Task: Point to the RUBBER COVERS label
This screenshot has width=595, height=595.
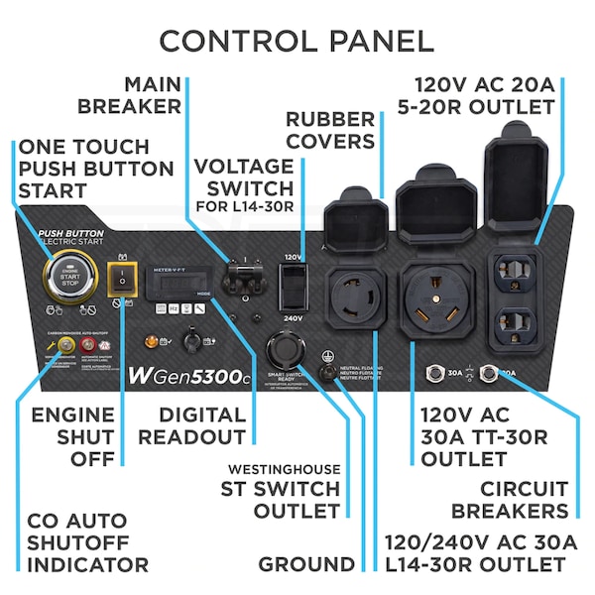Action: point(331,130)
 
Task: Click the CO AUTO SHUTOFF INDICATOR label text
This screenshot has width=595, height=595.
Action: point(87,543)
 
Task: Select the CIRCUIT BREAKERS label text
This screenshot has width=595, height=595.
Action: point(510,500)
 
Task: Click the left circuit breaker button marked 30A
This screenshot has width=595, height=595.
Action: point(433,374)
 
